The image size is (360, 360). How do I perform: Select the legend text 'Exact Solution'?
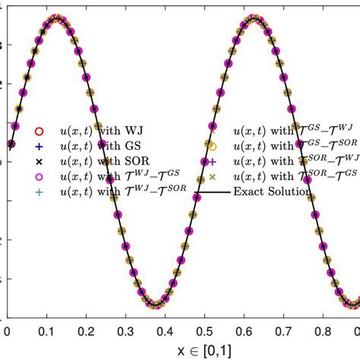pos(272,192)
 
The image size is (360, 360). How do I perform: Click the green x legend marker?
pos(213,177)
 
